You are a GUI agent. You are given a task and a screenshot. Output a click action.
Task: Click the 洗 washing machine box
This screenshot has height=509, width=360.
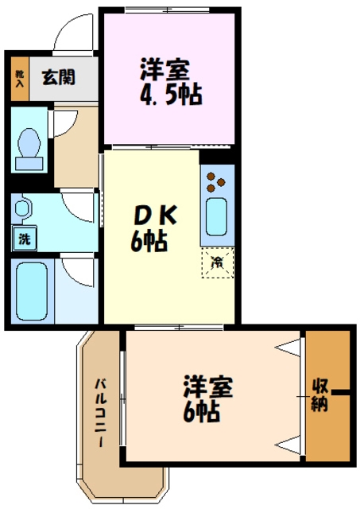point(23,237)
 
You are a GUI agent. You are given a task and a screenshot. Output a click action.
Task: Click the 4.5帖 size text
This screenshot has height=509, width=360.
point(168,95)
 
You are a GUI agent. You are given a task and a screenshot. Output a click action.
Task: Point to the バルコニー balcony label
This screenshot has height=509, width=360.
point(102,414)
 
